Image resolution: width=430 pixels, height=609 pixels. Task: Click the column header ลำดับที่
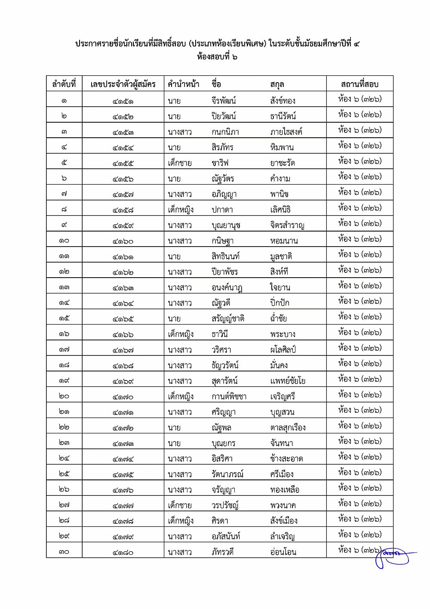[x=64, y=84]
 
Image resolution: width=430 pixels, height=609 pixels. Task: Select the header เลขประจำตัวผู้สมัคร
[x=123, y=84]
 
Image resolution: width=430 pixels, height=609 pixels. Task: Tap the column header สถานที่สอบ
[x=359, y=84]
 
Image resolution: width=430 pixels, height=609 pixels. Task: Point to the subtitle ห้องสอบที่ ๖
[x=217, y=56]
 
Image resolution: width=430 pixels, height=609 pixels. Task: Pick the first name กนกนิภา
[x=225, y=132]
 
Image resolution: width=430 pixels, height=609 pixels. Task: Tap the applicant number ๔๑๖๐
[x=123, y=241]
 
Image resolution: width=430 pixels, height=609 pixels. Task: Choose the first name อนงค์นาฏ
[x=227, y=288]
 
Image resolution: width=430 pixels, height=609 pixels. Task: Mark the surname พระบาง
[x=283, y=334]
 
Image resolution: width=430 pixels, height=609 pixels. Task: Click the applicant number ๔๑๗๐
[x=123, y=397]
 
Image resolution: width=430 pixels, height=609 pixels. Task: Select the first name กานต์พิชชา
[x=229, y=396]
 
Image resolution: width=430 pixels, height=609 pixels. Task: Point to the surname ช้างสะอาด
[x=287, y=459]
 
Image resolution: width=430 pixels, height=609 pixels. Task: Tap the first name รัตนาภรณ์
[x=227, y=474]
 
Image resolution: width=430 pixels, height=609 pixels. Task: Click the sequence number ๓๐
[x=64, y=552]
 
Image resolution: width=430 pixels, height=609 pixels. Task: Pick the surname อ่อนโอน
[x=283, y=552]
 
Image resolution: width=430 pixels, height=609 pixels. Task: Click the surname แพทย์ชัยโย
[x=288, y=381]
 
